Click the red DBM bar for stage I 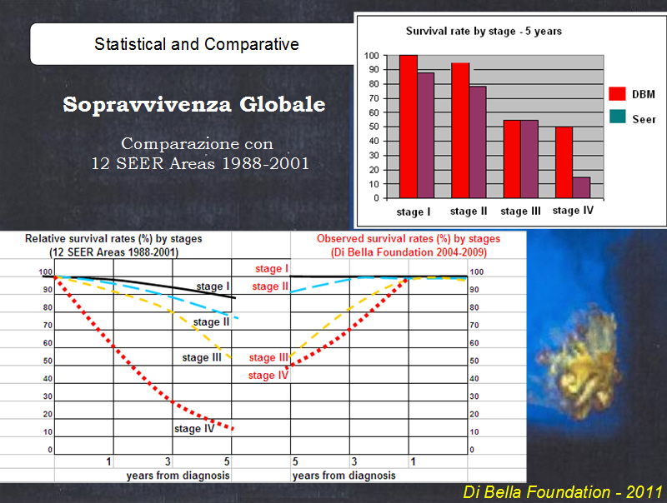coord(409,127)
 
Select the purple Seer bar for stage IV coord(581,187)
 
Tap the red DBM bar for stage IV coord(564,162)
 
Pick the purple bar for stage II coord(478,142)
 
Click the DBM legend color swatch coord(617,94)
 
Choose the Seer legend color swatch coord(617,117)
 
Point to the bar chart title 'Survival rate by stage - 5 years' coord(484,32)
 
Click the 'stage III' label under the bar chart coord(520,212)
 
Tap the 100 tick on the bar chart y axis coord(371,56)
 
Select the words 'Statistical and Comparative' coord(197,44)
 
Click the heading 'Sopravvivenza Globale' coord(194,104)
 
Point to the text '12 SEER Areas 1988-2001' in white coord(200,163)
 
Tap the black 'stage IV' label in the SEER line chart coord(194,429)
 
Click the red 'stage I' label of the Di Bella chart coord(272,268)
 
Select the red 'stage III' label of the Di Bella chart coord(268,358)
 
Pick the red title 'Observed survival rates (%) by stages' coord(409,239)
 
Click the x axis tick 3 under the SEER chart coord(168,461)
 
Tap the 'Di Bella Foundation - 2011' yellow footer coord(563,492)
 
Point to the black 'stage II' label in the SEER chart coord(211,322)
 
